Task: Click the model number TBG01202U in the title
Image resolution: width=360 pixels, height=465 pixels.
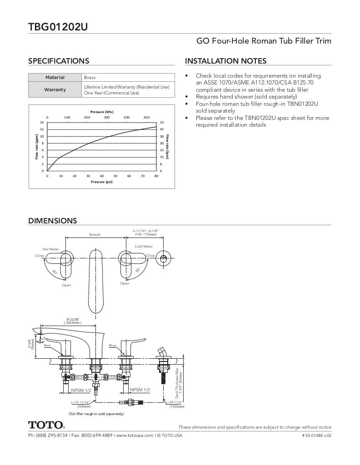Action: [x=58, y=26]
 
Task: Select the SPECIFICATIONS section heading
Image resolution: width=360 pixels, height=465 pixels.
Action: [x=59, y=61]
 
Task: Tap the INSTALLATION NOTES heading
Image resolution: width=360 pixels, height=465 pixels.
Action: [x=225, y=61]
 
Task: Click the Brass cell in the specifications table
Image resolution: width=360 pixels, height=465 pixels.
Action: [x=90, y=78]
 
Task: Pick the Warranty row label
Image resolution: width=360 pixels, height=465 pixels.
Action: [x=55, y=89]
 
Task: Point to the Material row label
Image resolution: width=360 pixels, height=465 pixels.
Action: [x=55, y=78]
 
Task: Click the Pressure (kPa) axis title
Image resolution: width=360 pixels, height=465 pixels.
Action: [x=102, y=112]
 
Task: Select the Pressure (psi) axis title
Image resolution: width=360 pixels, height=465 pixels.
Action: [x=102, y=182]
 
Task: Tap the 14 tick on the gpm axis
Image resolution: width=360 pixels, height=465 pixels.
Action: [x=42, y=123]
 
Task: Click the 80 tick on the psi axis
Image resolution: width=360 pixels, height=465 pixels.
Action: [x=156, y=176]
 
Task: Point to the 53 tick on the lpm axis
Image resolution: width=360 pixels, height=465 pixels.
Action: [x=161, y=123]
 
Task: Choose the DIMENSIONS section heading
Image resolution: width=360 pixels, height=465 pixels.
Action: [x=53, y=221]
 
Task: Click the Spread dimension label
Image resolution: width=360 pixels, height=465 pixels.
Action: [x=95, y=235]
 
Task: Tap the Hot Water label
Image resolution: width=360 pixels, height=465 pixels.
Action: [x=50, y=249]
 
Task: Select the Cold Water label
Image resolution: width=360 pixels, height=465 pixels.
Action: [x=144, y=247]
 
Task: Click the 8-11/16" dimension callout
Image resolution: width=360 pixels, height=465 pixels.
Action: [x=73, y=320]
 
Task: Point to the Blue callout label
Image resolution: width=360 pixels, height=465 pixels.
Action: [x=112, y=346]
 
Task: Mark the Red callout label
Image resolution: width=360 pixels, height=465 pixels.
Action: [x=47, y=346]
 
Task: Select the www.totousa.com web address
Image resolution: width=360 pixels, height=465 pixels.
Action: [x=134, y=435]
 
